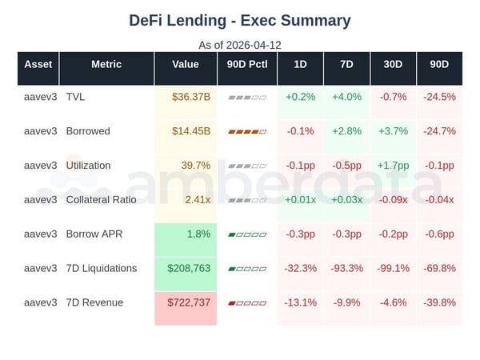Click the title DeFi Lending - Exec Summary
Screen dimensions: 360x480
(x=240, y=20)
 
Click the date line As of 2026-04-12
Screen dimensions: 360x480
(x=240, y=45)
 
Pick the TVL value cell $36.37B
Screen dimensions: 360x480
(x=190, y=97)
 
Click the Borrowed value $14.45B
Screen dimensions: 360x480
(x=190, y=131)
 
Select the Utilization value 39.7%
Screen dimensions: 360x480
(x=195, y=166)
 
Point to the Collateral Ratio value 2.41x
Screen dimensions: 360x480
(x=196, y=200)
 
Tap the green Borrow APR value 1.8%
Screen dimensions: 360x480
(x=198, y=234)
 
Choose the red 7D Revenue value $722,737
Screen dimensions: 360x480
(x=189, y=302)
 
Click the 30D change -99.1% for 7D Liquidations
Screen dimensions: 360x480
(x=393, y=268)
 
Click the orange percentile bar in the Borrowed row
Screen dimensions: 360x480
(x=246, y=131)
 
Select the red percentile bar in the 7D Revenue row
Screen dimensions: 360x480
(x=246, y=303)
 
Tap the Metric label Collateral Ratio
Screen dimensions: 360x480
(x=101, y=200)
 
